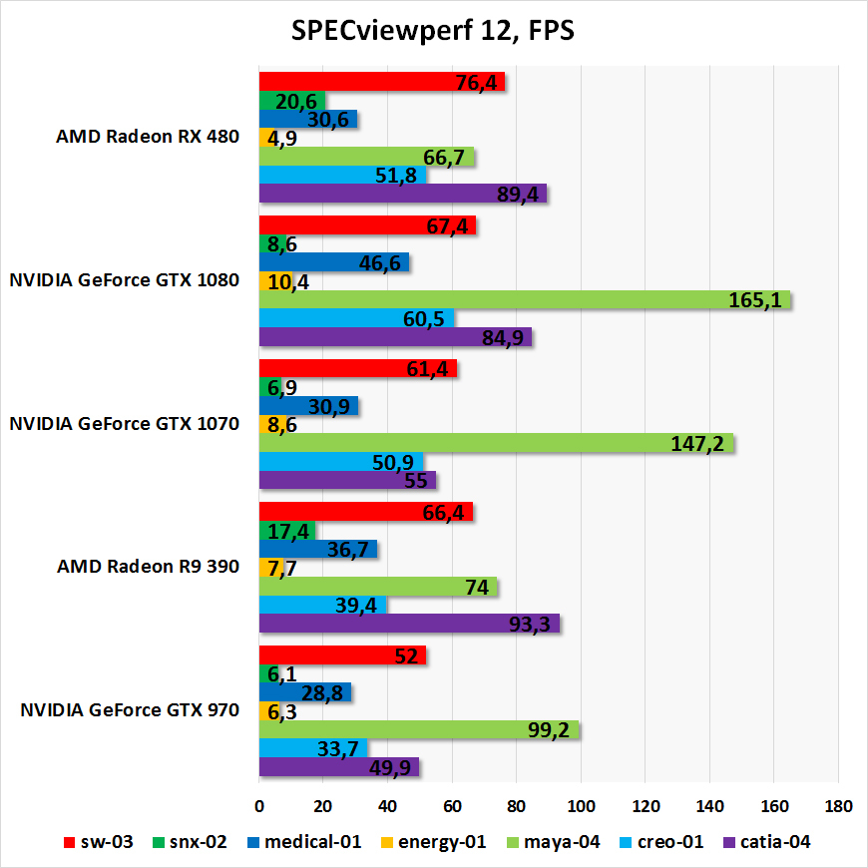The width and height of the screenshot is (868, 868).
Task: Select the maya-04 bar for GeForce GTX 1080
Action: pyautogui.click(x=524, y=300)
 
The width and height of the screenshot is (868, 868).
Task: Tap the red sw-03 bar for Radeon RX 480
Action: pyautogui.click(x=381, y=82)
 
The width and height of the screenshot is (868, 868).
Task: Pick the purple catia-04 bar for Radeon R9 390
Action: pyautogui.click(x=409, y=624)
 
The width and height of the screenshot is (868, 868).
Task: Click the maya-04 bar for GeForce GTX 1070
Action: pyautogui.click(x=496, y=443)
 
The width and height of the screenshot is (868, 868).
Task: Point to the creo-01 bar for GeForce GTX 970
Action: pyautogui.click(x=312, y=748)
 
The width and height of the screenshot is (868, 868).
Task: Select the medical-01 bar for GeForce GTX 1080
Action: pyautogui.click(x=333, y=262)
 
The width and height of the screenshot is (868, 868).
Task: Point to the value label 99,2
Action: pyautogui.click(x=548, y=729)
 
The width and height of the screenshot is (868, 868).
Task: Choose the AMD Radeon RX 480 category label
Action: pyautogui.click(x=148, y=138)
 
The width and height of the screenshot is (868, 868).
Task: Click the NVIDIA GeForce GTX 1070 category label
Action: pyautogui.click(x=124, y=423)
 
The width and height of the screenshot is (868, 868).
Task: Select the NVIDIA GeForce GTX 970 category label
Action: pyautogui.click(x=130, y=711)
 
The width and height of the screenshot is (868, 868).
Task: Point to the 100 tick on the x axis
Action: pyautogui.click(x=581, y=805)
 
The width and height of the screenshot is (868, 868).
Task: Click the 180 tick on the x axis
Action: pyautogui.click(x=838, y=805)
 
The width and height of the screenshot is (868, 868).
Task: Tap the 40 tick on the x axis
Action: pyautogui.click(x=388, y=805)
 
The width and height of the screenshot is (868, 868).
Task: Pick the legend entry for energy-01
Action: pyautogui.click(x=434, y=842)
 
